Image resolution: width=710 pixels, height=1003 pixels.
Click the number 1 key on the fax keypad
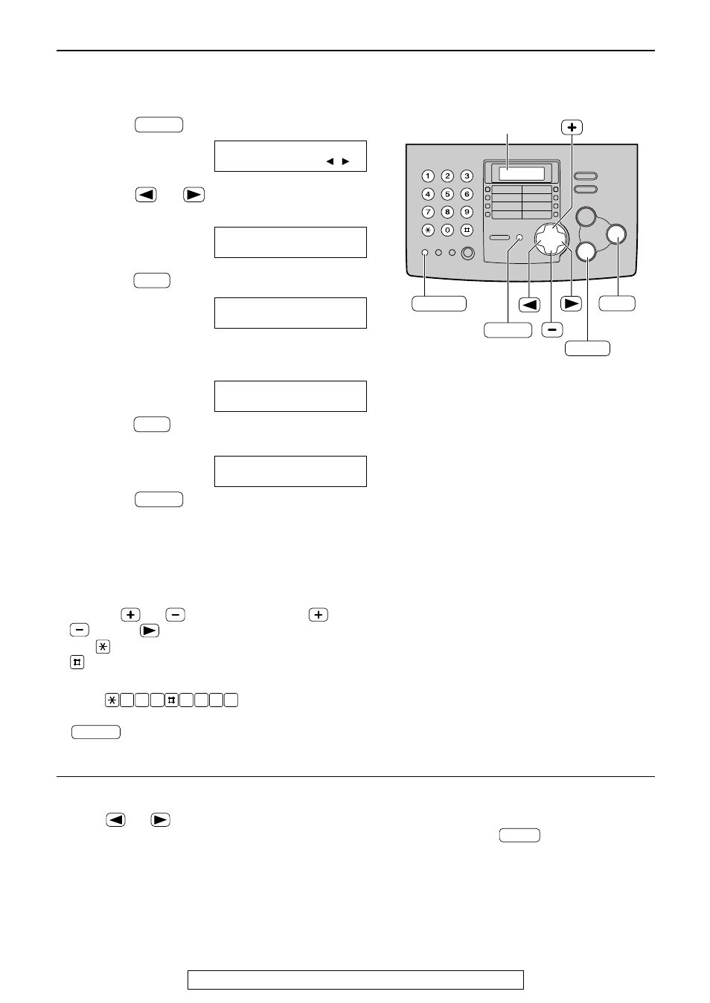(x=427, y=176)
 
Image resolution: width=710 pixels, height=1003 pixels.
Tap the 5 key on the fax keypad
(x=447, y=194)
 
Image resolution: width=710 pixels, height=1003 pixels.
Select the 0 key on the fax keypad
(x=447, y=230)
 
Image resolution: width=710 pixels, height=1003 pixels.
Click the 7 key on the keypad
(x=427, y=212)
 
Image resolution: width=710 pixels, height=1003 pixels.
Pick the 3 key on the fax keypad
(x=466, y=176)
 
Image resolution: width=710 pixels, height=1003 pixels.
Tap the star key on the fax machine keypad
(x=427, y=230)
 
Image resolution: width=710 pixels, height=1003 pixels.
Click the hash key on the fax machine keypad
(x=466, y=230)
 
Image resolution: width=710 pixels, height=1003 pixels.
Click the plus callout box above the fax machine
(x=572, y=127)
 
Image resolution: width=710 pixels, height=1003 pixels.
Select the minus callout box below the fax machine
(x=551, y=329)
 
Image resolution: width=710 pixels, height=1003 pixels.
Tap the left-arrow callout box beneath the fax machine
(x=530, y=303)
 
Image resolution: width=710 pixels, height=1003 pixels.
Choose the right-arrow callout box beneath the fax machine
(x=571, y=303)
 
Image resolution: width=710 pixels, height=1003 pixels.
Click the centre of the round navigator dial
(x=551, y=239)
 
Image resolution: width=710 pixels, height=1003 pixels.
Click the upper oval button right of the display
(x=586, y=176)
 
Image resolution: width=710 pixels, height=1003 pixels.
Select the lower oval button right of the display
(x=586, y=190)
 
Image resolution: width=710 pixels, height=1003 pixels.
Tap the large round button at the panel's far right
(x=617, y=234)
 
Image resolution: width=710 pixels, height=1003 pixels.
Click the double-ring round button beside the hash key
(x=467, y=253)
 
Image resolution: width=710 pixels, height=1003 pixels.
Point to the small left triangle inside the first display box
(x=329, y=161)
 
